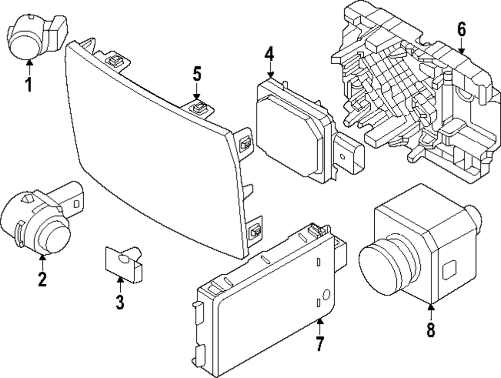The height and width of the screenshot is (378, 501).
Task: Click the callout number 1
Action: (x=29, y=84)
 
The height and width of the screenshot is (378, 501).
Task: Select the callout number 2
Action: (x=42, y=278)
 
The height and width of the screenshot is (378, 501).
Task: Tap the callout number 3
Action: (x=120, y=302)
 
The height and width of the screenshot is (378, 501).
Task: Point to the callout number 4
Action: (x=270, y=54)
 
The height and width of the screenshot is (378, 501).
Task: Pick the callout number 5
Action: (x=196, y=75)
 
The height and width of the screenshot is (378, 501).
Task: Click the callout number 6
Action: (x=461, y=30)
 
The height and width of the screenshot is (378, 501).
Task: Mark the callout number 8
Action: (x=431, y=329)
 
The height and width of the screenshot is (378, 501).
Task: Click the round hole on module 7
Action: (x=326, y=295)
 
